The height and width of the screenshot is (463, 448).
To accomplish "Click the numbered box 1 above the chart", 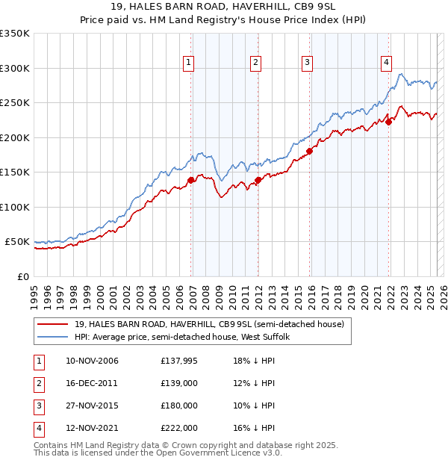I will (188, 63).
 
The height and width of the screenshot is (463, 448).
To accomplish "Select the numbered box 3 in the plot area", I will (307, 63).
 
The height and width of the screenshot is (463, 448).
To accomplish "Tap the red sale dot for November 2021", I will (389, 122).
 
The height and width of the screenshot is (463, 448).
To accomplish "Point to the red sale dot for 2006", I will (191, 180).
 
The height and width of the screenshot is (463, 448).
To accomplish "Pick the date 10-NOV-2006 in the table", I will (92, 361).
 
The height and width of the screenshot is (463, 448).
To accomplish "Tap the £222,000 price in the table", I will (178, 428).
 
